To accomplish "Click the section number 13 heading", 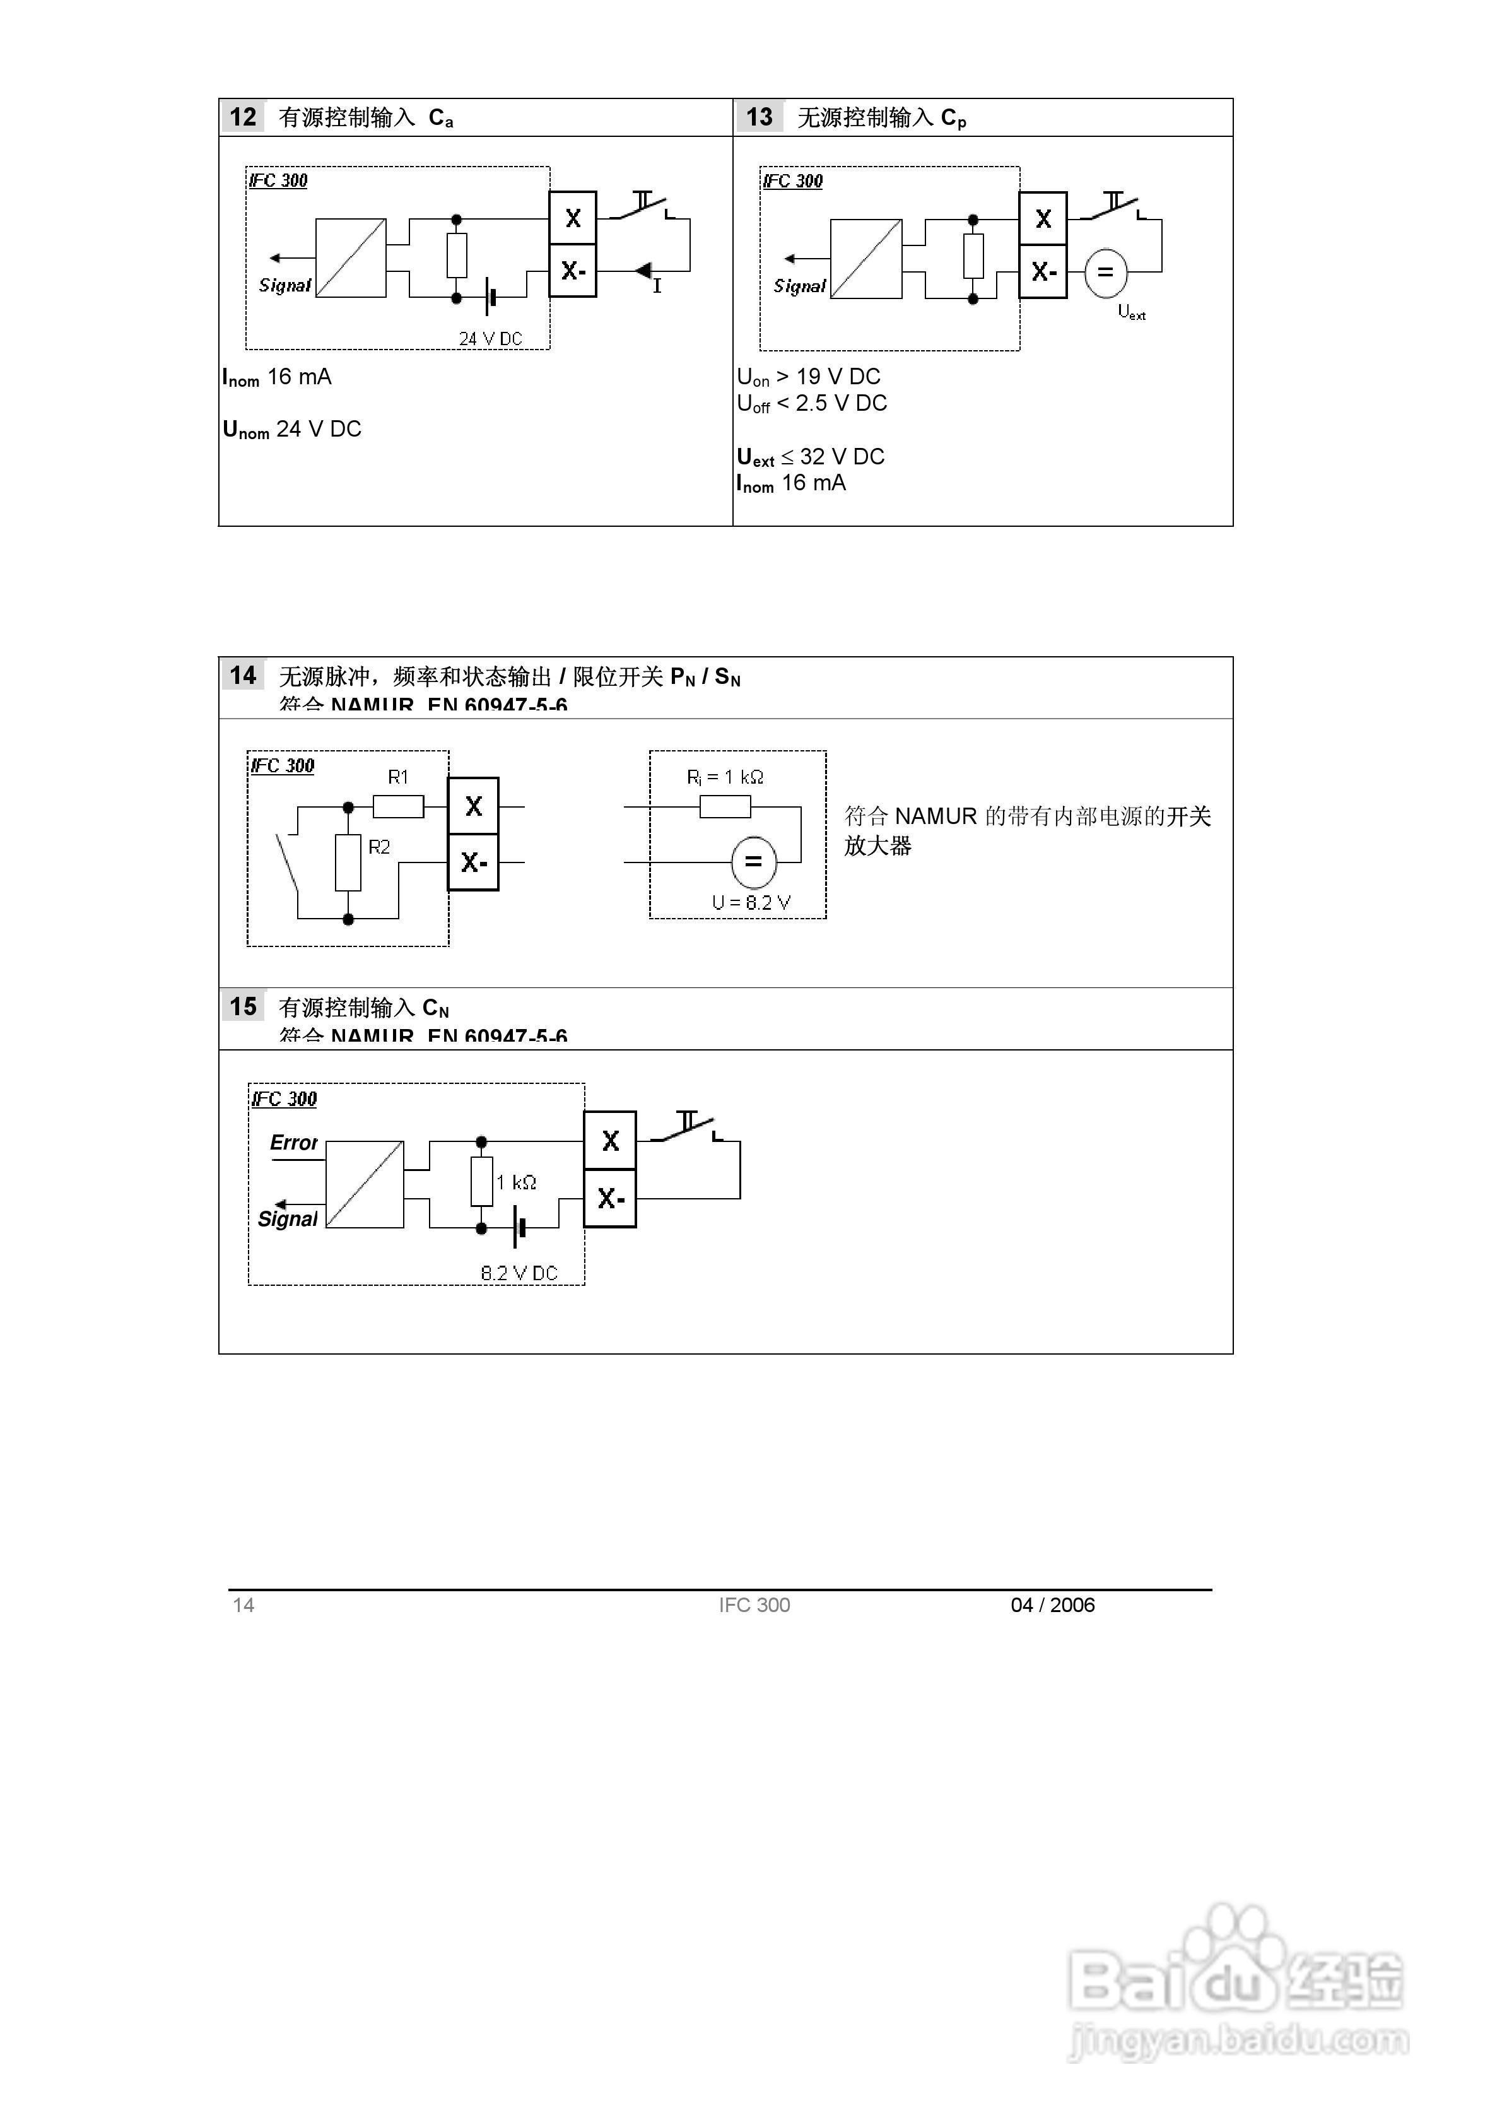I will pos(759,117).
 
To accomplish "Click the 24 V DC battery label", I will pos(491,339).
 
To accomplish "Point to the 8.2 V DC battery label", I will pos(519,1273).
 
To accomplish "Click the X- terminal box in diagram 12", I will pos(573,271).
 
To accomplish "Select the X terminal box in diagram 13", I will pos(1043,220).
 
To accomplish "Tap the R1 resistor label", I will pos(398,777).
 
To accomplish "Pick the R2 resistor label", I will pos(379,847).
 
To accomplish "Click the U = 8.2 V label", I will pos(751,902).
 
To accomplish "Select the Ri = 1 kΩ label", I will pos(725,777).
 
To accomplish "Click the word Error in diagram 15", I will pos(293,1143).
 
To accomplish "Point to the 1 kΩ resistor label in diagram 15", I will pos(517,1183).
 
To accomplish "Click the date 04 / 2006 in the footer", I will pos(1052,1605).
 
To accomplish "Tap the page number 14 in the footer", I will pos(243,1605).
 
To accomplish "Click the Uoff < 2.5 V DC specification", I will pos(812,404).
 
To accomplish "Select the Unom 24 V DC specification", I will pos(291,430).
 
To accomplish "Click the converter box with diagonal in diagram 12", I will pos(351,258).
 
